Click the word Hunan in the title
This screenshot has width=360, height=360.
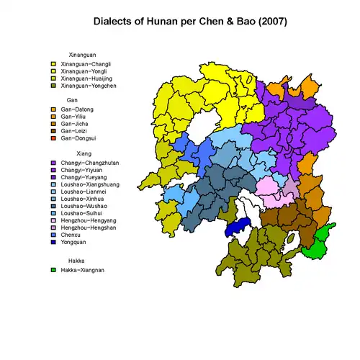pos(165,22)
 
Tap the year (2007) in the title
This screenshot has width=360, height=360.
pos(269,22)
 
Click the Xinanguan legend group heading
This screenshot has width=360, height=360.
pos(82,55)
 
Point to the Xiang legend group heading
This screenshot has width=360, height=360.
pos(75,153)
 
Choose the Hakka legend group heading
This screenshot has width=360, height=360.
pos(76,260)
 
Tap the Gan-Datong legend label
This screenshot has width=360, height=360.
pos(77,109)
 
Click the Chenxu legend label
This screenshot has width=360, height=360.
pos(73,235)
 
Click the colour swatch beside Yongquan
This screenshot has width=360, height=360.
pos(53,242)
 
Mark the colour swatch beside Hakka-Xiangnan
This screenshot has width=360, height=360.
pos(53,270)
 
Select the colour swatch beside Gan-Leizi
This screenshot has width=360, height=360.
pos(53,131)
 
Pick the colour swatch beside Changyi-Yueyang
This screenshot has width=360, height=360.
pos(53,178)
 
